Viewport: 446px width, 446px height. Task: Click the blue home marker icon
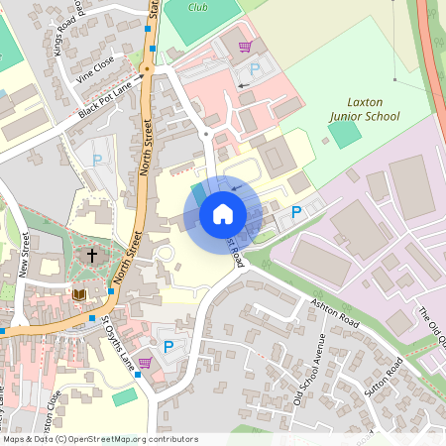pyautogui.click(x=223, y=214)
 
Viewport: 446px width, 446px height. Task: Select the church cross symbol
pyautogui.click(x=92, y=256)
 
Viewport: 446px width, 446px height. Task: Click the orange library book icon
pyautogui.click(x=80, y=294)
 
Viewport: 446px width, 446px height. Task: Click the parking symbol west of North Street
pyautogui.click(x=97, y=160)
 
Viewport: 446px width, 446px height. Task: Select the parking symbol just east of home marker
pyautogui.click(x=295, y=211)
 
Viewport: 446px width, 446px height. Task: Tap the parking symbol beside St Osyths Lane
pyautogui.click(x=168, y=346)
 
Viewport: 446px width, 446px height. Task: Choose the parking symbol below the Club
pyautogui.click(x=255, y=68)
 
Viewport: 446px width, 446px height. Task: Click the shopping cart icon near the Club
pyautogui.click(x=245, y=46)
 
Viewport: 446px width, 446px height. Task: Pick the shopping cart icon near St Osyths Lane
pyautogui.click(x=145, y=362)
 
